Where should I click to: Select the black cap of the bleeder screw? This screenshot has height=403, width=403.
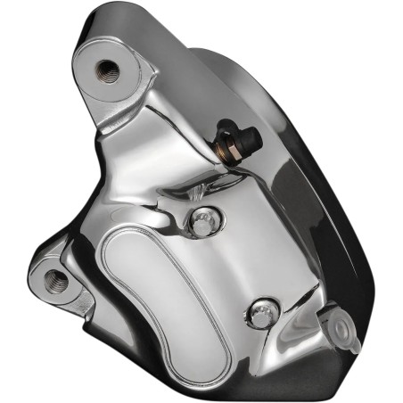(250, 136)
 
